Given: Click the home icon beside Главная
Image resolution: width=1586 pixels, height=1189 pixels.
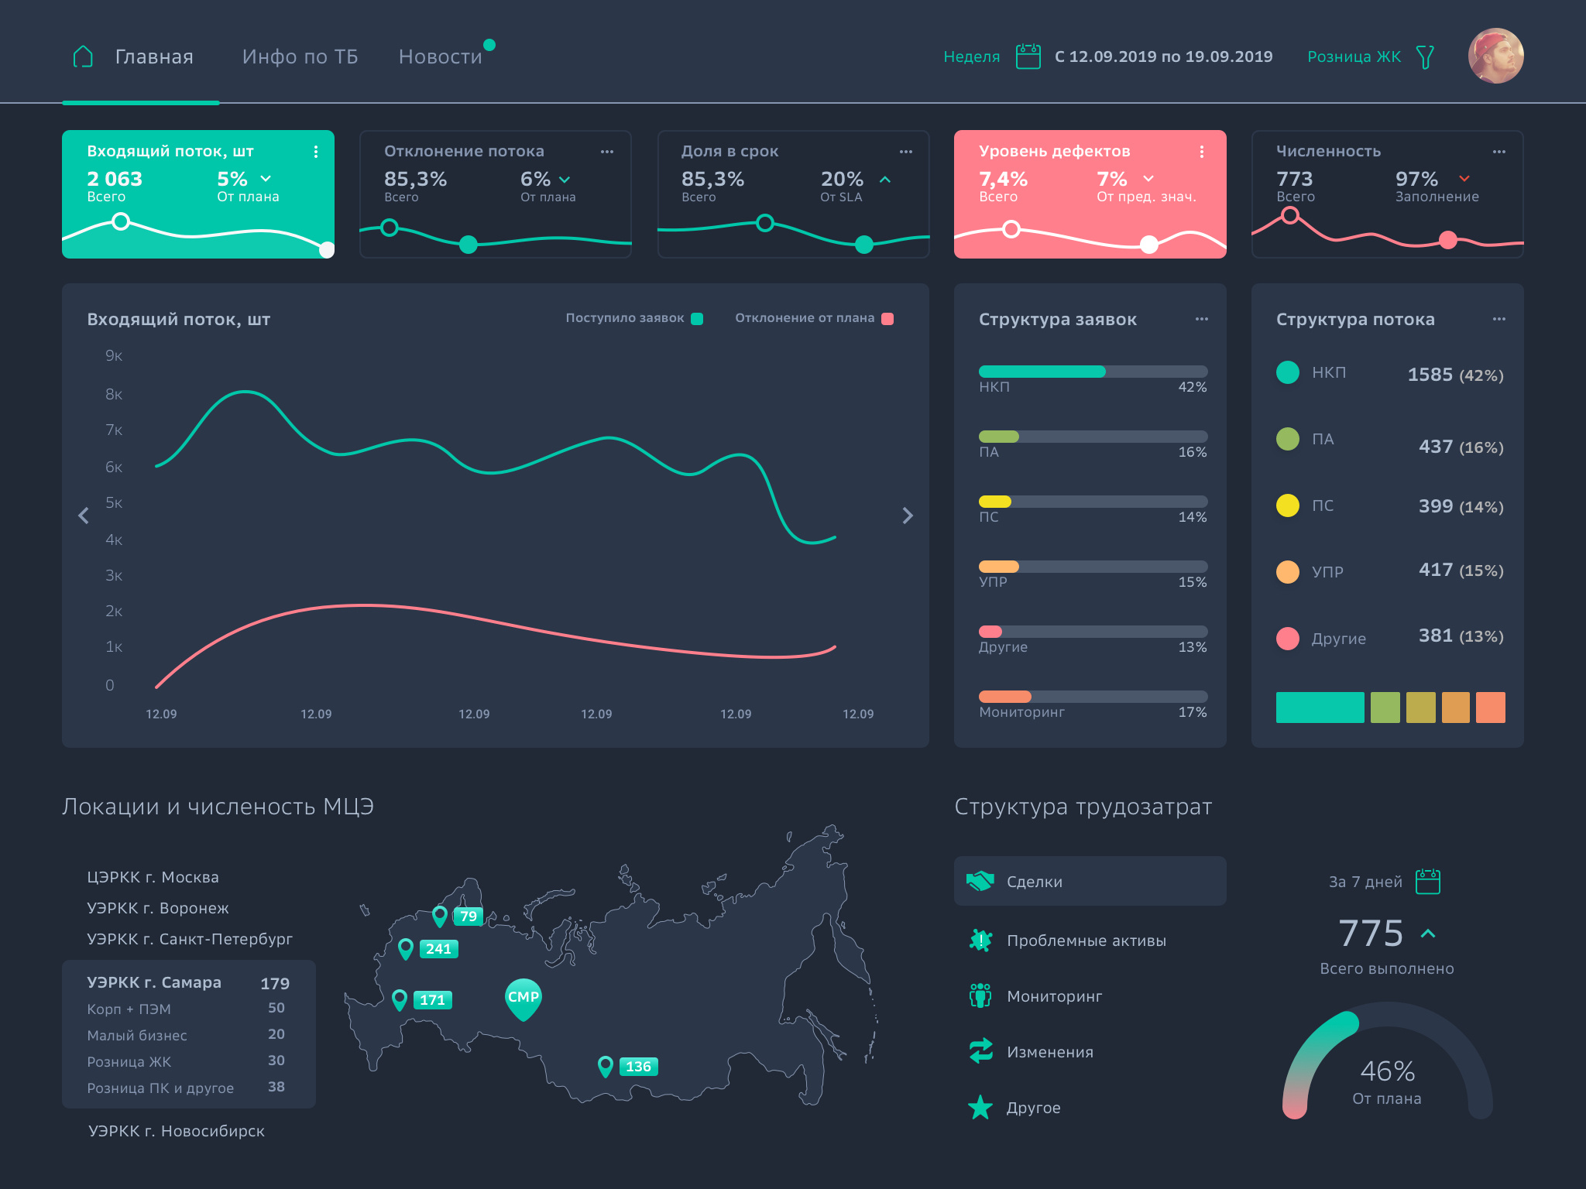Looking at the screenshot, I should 83,57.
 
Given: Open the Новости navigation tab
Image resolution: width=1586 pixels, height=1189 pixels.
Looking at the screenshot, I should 440,57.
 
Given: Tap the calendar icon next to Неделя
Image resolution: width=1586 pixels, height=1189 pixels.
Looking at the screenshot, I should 1028,57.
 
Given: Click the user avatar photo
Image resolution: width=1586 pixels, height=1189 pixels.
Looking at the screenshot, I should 1495,56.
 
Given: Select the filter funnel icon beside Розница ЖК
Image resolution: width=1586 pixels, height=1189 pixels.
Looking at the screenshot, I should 1425,57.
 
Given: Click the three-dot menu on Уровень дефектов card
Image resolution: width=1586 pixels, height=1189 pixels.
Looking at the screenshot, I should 1201,152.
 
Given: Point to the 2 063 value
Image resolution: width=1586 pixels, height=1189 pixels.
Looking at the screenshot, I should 115,179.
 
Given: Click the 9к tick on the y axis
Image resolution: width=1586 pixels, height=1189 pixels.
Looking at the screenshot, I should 114,356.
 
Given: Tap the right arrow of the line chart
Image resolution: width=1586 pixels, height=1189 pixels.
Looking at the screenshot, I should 908,516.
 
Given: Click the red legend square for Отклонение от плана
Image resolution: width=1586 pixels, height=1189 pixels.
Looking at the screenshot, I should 887,319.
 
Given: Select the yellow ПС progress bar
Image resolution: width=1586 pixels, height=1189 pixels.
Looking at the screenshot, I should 995,502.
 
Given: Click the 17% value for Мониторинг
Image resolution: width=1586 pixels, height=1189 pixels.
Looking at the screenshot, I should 1192,712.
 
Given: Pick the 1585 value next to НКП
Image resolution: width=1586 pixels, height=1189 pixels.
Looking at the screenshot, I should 1430,375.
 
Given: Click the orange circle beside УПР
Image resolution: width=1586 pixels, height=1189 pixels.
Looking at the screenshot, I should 1287,572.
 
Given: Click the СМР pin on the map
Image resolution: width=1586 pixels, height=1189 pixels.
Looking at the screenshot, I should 523,998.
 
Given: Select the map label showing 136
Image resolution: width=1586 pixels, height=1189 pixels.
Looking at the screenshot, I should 638,1067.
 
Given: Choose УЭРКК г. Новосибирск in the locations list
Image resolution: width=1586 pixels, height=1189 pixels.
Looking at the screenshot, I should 177,1131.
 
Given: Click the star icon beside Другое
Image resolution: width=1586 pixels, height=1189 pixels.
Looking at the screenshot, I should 980,1108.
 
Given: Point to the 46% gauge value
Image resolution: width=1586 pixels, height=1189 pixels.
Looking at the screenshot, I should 1387,1071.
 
